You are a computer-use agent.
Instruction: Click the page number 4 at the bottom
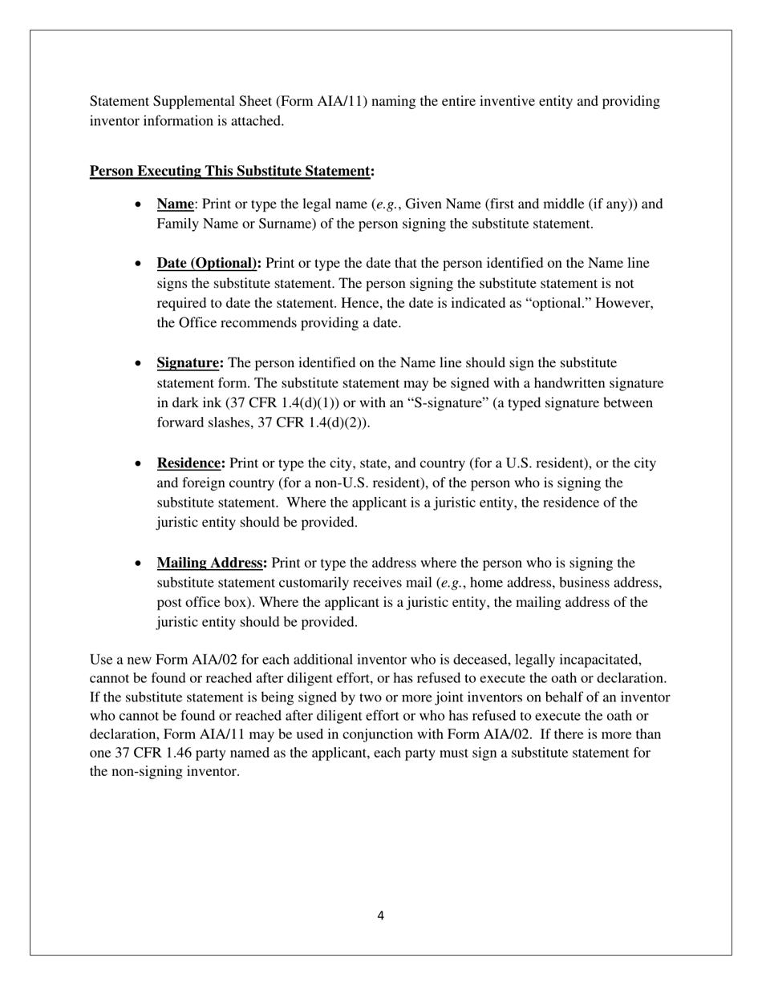pyautogui.click(x=380, y=915)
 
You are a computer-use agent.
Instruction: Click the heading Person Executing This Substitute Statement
pyautogui.click(x=232, y=172)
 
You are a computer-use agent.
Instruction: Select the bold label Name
pyautogui.click(x=175, y=204)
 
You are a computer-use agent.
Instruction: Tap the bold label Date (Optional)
pyautogui.click(x=209, y=264)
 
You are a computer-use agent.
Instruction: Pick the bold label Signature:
pyautogui.click(x=190, y=363)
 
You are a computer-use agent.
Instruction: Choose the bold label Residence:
pyautogui.click(x=191, y=463)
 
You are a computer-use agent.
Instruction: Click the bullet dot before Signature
pyautogui.click(x=140, y=364)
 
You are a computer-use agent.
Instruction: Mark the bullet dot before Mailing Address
pyautogui.click(x=140, y=564)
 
